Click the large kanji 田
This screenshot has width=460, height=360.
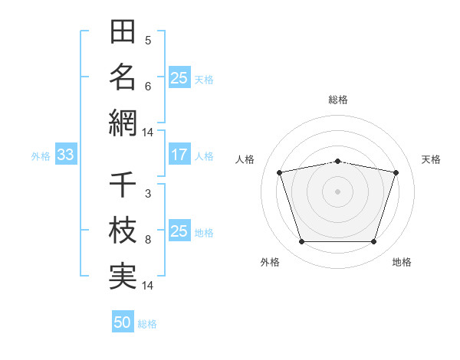123,31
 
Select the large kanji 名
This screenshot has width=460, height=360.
123,77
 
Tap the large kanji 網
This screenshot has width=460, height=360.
123,123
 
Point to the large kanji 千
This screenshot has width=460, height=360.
123,184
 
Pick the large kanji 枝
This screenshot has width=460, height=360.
123,230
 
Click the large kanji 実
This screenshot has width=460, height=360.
123,277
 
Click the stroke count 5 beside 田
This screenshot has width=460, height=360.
148,41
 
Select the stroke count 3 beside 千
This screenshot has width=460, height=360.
148,194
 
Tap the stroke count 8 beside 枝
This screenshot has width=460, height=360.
148,240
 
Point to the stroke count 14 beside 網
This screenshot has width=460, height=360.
147,133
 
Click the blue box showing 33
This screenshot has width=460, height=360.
66,154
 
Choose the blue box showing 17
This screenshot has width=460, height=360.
179,154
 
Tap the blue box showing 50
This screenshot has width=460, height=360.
123,321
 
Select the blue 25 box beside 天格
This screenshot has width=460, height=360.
179,77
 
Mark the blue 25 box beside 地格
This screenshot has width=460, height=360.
179,230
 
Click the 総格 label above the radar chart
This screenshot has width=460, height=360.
338,100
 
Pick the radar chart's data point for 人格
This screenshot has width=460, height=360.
280,172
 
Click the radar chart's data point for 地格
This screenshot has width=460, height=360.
374,241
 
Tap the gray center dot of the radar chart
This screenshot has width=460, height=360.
337,191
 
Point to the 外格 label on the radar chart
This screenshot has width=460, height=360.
270,262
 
